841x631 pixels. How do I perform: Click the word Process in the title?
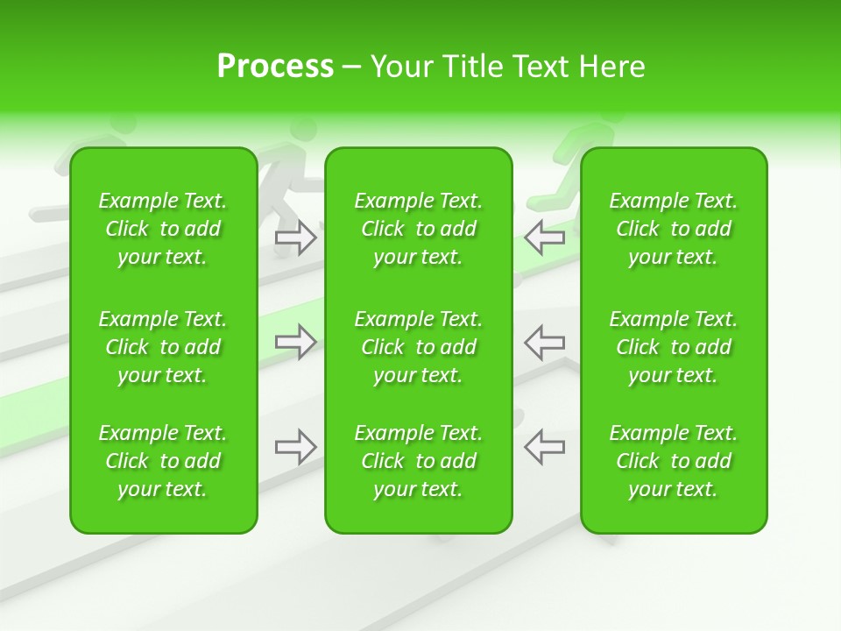point(275,67)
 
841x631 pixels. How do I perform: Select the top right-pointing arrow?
point(295,238)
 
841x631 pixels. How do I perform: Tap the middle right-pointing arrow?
point(295,342)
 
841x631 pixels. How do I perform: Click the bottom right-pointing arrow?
point(295,447)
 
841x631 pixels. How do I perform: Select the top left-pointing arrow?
point(545,238)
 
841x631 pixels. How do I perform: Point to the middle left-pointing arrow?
point(545,342)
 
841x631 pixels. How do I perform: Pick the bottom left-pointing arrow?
point(545,447)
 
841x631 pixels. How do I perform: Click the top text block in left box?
point(163,229)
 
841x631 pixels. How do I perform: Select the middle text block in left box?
point(163,347)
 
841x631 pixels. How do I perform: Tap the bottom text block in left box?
point(163,461)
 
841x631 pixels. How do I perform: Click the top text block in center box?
point(419,229)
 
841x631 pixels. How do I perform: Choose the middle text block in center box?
point(419,347)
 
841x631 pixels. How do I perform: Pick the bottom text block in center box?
point(419,461)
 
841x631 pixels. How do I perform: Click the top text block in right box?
point(674,229)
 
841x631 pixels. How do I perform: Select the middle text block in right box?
point(674,347)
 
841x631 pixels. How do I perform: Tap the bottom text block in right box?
point(674,461)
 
